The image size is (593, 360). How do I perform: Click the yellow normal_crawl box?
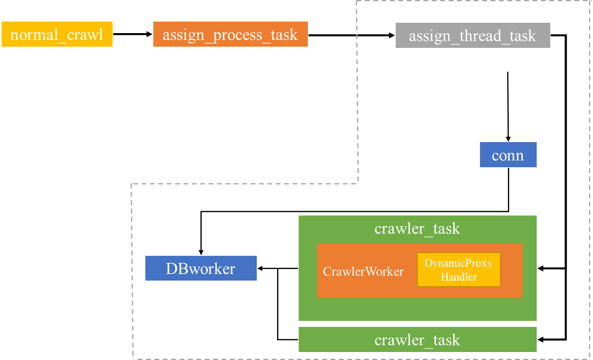pyautogui.click(x=57, y=34)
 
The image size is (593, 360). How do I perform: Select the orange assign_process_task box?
pyautogui.click(x=230, y=34)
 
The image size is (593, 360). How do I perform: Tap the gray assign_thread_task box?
pyautogui.click(x=473, y=35)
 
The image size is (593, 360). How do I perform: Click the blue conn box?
pyautogui.click(x=508, y=155)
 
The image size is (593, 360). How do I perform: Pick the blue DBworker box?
pyautogui.click(x=201, y=268)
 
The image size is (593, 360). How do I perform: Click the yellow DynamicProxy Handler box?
pyautogui.click(x=459, y=269)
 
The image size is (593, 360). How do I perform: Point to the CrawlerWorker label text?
pyautogui.click(x=363, y=272)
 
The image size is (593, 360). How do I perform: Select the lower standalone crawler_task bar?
pyautogui.click(x=417, y=339)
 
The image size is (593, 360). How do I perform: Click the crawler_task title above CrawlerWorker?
pyautogui.click(x=417, y=229)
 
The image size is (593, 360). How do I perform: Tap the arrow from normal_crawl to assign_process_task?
pyautogui.click(x=133, y=34)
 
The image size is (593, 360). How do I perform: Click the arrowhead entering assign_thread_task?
pyautogui.click(x=392, y=35)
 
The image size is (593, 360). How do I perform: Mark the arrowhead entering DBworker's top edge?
pyautogui.click(x=201, y=252)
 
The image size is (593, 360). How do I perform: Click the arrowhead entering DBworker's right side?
pyautogui.click(x=260, y=269)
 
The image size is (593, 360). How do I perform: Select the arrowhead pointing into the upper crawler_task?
pyautogui.click(x=541, y=269)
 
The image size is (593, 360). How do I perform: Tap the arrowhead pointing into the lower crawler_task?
pyautogui.click(x=541, y=340)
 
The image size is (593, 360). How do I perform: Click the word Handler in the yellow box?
pyautogui.click(x=459, y=277)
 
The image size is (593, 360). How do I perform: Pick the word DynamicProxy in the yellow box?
pyautogui.click(x=459, y=263)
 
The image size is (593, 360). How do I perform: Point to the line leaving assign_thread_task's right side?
pyautogui.click(x=566, y=187)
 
